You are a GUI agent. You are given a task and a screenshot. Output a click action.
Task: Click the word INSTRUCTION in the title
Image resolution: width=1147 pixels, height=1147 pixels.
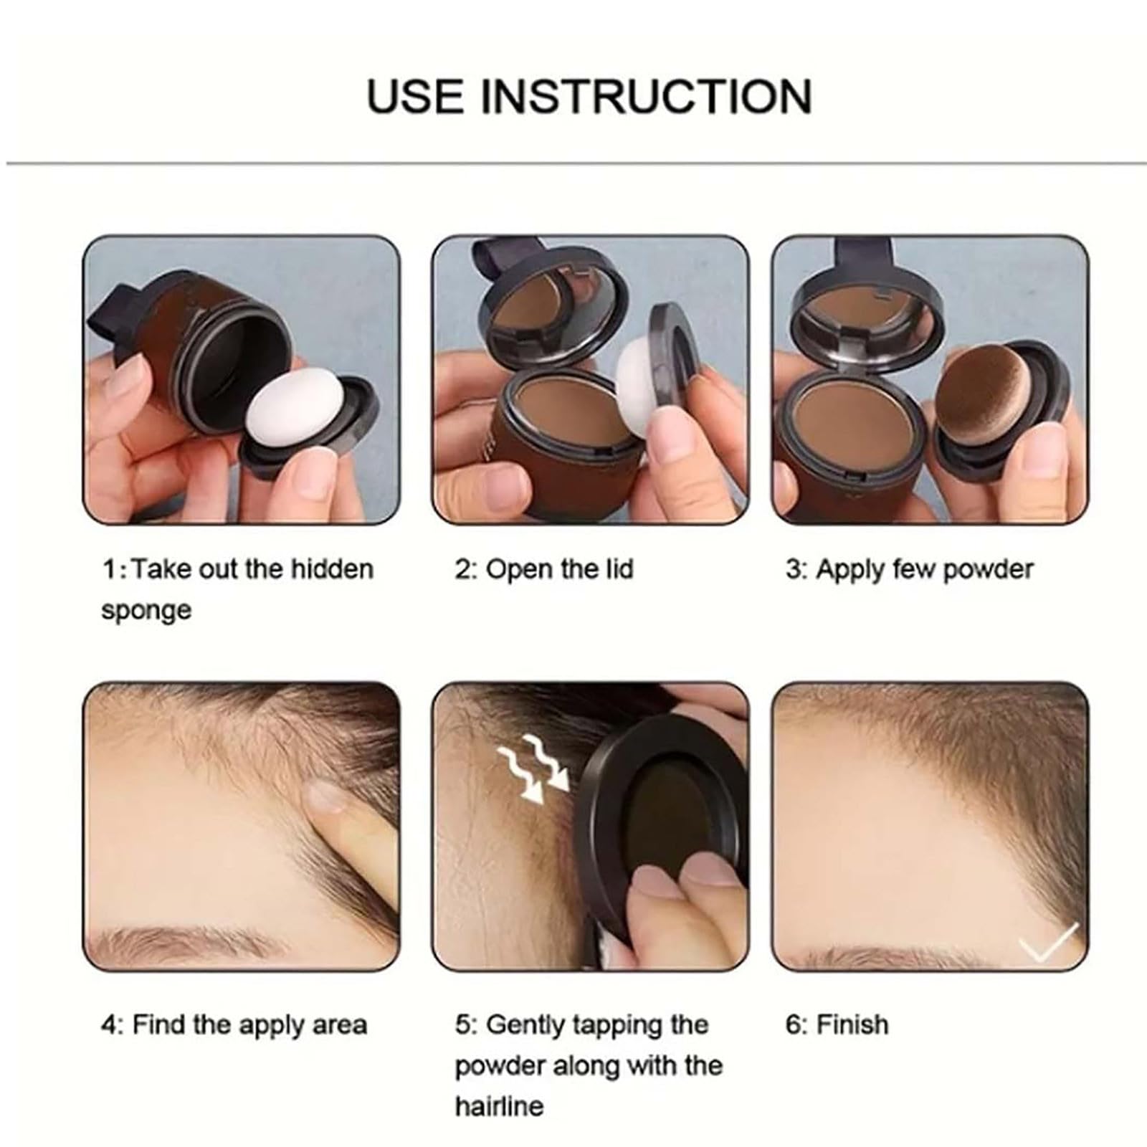point(645,97)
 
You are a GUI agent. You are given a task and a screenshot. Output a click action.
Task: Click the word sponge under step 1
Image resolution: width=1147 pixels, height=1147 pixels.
point(146,610)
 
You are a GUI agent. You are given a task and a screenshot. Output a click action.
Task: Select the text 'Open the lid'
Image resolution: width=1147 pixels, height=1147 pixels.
point(559,569)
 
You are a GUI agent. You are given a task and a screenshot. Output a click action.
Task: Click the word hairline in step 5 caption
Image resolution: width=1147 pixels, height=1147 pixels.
point(499,1105)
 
